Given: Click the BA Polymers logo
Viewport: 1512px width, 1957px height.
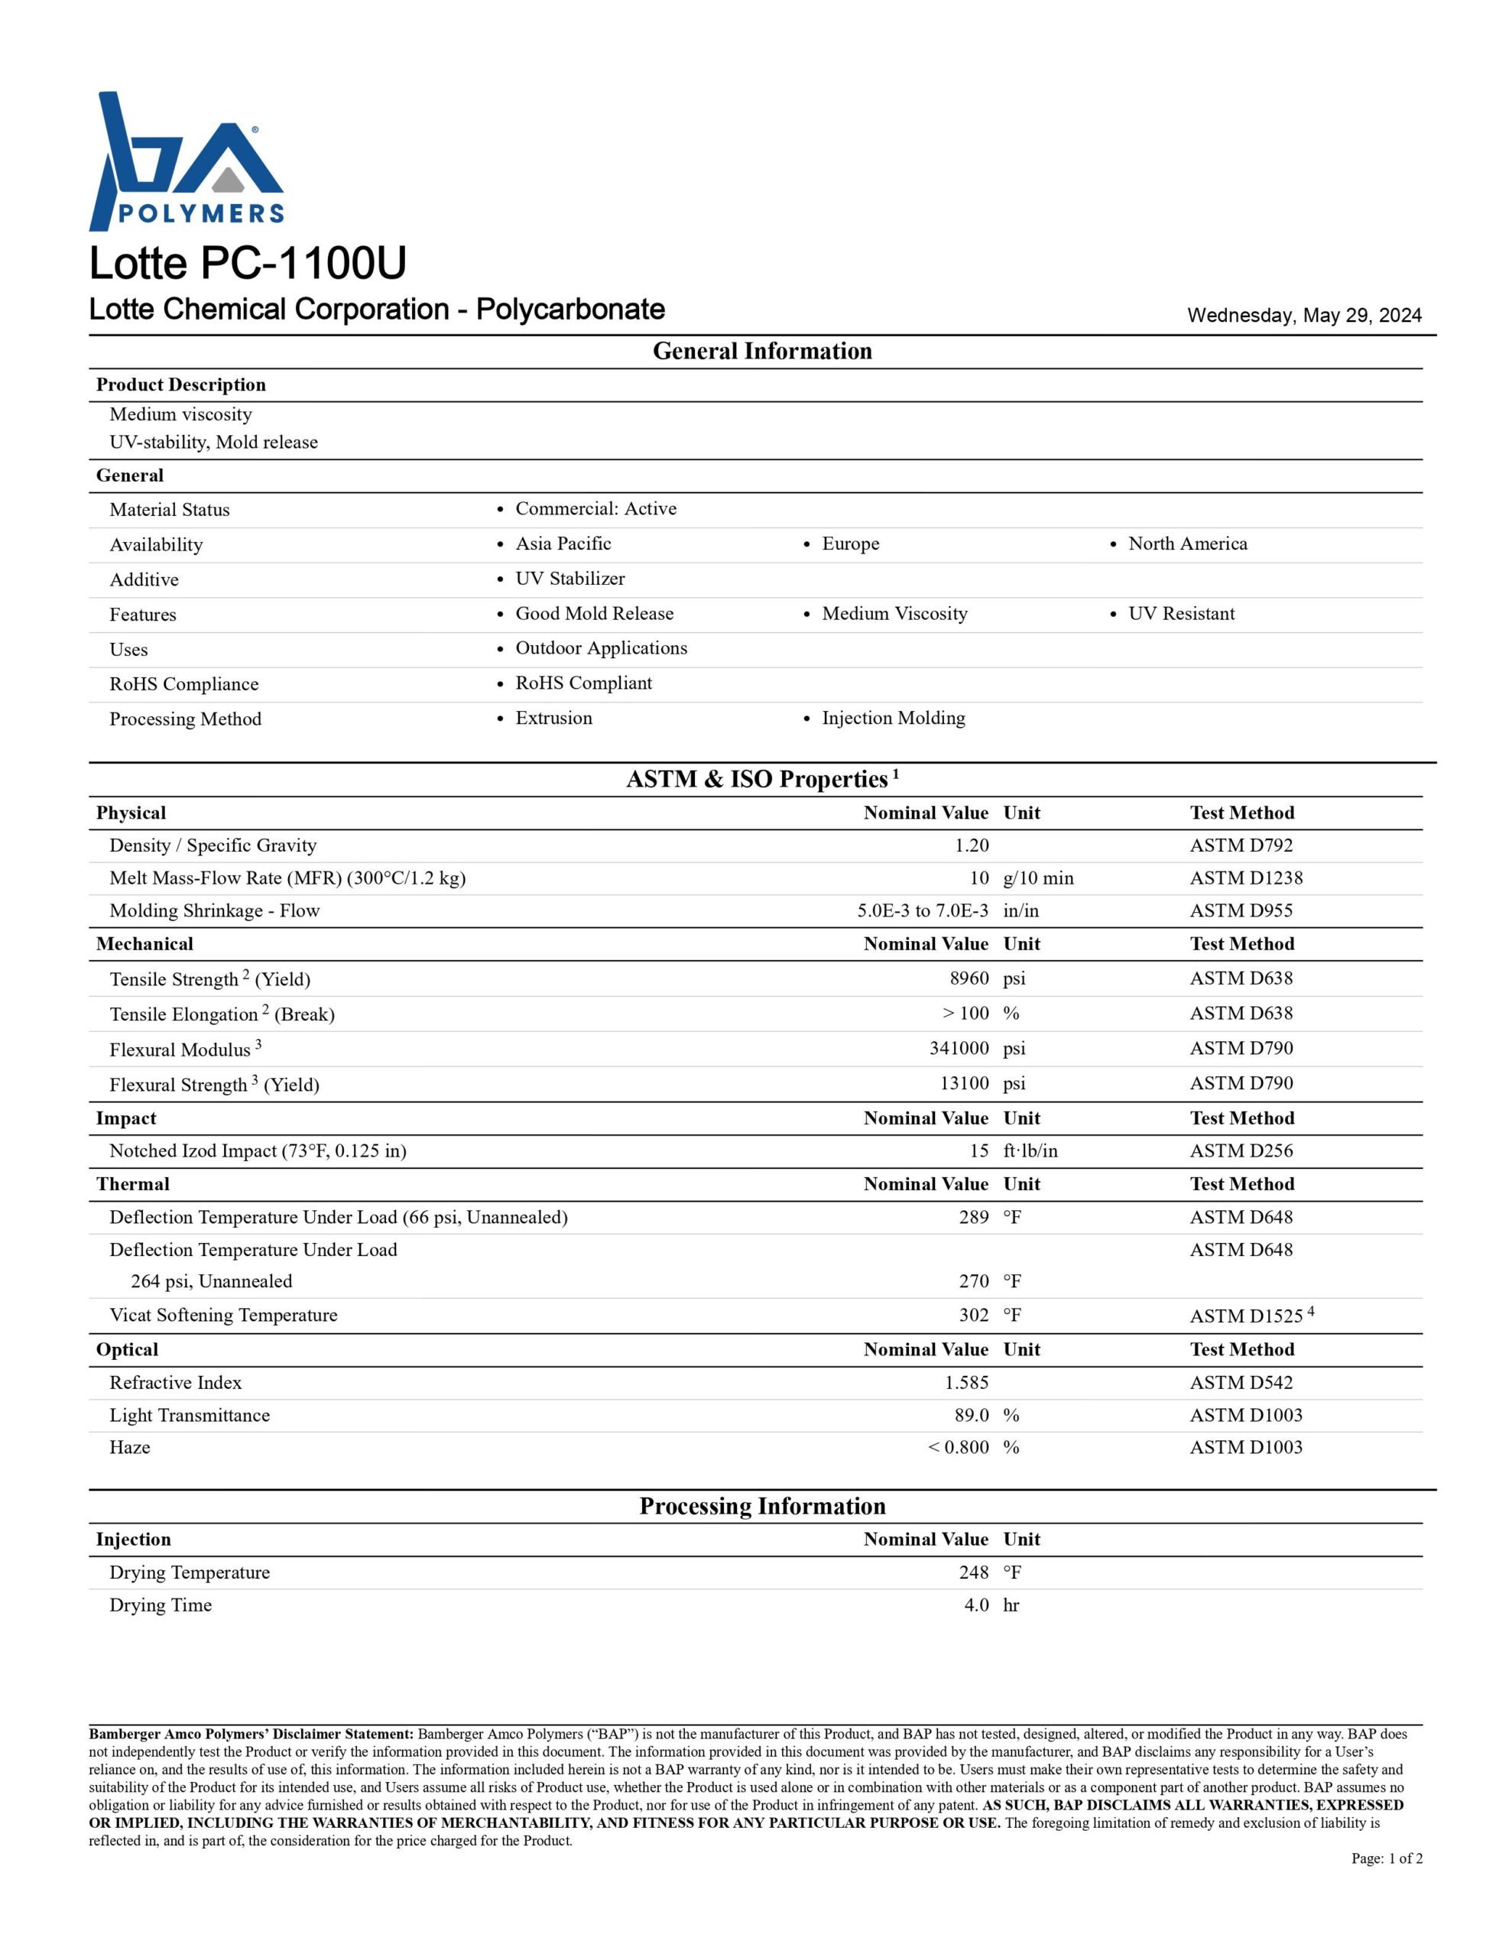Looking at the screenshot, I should (x=187, y=161).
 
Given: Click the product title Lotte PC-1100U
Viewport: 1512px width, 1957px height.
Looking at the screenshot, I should (x=248, y=262).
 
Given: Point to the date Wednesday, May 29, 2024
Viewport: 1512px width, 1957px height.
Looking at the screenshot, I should (x=1304, y=316).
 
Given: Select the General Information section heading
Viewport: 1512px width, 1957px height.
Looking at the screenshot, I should (x=762, y=351).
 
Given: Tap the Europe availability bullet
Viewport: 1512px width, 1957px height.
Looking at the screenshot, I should (x=850, y=544).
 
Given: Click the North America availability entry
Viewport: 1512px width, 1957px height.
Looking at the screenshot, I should (x=1186, y=544).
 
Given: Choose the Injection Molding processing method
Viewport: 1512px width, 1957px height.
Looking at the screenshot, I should (x=893, y=718).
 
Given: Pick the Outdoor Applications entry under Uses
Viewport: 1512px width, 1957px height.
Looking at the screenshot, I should (x=601, y=647).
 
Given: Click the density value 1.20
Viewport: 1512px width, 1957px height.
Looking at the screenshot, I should (x=972, y=845).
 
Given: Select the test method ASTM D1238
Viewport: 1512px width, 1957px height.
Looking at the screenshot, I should (x=1246, y=878).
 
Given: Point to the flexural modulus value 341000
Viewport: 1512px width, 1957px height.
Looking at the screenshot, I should (x=959, y=1048).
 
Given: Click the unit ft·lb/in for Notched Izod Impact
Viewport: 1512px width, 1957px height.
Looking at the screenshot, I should (x=1030, y=1151).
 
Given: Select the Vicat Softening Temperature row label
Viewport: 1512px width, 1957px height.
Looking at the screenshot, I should (x=223, y=1316).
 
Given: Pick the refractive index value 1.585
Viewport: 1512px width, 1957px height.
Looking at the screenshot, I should (x=966, y=1383).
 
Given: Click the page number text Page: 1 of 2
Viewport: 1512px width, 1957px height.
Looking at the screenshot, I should (x=1387, y=1858).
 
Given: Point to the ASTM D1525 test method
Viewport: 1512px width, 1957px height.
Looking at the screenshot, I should (x=1246, y=1316).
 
